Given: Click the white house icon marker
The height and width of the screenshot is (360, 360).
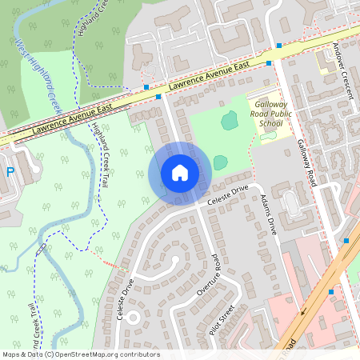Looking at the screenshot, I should click(180, 172).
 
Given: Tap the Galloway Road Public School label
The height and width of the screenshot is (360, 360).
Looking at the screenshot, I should click(279, 114).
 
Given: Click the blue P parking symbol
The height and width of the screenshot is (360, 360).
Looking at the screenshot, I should click(10, 172).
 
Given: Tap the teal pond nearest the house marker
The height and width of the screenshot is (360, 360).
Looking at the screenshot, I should click(220, 162).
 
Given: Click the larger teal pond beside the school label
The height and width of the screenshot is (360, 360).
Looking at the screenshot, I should click(230, 120).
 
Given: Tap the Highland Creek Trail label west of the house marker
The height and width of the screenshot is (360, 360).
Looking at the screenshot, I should click(99, 156).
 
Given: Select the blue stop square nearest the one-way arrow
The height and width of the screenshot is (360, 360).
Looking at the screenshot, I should click(330, 292).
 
